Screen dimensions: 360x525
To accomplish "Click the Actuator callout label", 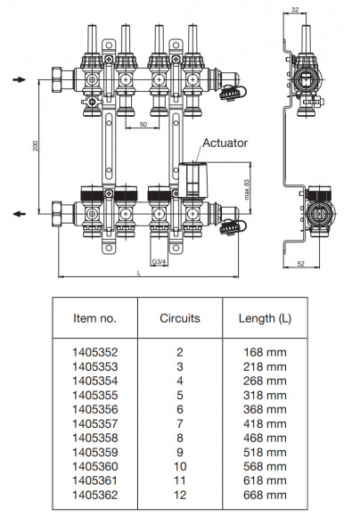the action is (x=225, y=143).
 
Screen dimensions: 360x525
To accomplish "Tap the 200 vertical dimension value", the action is (x=36, y=146).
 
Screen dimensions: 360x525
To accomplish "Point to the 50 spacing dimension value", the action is (x=143, y=124).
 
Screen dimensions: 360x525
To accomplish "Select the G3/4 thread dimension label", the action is (x=159, y=261).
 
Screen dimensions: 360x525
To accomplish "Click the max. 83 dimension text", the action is (x=247, y=190).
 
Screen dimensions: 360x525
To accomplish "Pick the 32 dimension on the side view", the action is (x=294, y=10).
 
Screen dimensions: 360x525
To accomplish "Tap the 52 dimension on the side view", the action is (x=301, y=264).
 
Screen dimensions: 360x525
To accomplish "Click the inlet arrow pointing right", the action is (x=19, y=79).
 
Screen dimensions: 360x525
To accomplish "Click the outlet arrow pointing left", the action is (x=19, y=214).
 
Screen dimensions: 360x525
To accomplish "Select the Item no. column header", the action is (x=94, y=318).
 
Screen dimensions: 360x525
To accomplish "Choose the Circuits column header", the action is (x=180, y=318).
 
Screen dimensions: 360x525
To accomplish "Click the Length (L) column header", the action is (x=265, y=318).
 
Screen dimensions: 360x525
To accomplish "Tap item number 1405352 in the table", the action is (x=95, y=352).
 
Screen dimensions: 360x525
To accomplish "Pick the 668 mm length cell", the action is (x=265, y=495).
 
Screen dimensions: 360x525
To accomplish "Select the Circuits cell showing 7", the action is (x=180, y=423).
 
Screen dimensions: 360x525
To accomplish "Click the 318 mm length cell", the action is (x=265, y=395).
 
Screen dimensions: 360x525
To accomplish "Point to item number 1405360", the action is (x=95, y=466).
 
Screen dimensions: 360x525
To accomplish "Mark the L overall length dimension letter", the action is (x=139, y=274).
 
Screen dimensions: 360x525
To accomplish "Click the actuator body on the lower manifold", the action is (x=192, y=180).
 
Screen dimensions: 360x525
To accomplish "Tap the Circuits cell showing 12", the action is (x=180, y=495).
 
